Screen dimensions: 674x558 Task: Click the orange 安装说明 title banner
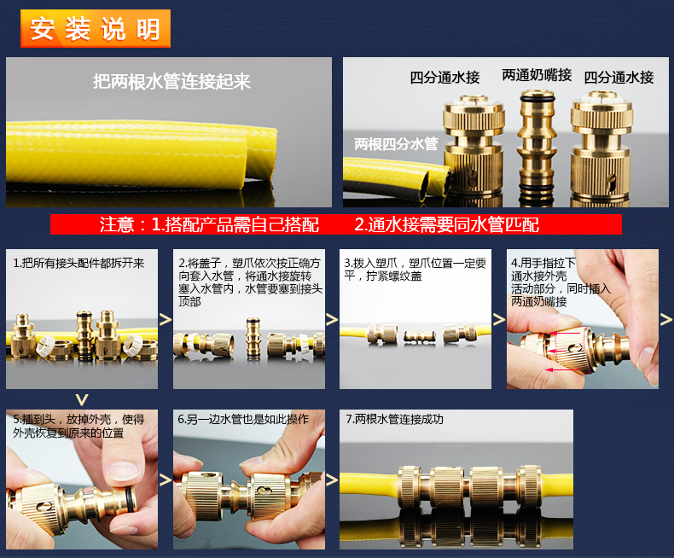tap(96, 28)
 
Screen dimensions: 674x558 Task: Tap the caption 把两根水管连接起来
tap(172, 81)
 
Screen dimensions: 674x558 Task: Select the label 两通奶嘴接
tap(537, 75)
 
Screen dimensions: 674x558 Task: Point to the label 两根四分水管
tap(396, 144)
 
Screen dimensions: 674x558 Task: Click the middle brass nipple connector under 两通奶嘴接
tap(537, 146)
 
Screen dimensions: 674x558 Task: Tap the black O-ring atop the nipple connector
tap(537, 98)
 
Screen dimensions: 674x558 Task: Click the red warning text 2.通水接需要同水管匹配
tap(446, 224)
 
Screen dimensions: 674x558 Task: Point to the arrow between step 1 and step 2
tap(166, 319)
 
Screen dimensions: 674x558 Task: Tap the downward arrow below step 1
tap(82, 400)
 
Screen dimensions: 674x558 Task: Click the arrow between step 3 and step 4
tap(498, 319)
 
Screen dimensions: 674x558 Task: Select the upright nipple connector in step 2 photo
tap(253, 338)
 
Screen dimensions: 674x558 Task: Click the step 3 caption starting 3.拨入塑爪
tap(415, 270)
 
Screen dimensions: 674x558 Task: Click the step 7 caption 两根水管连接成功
tap(395, 419)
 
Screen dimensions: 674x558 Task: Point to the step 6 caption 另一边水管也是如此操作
tap(243, 419)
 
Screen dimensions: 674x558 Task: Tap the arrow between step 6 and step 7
tap(331, 480)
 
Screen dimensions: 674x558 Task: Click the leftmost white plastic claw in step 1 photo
tap(45, 346)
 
